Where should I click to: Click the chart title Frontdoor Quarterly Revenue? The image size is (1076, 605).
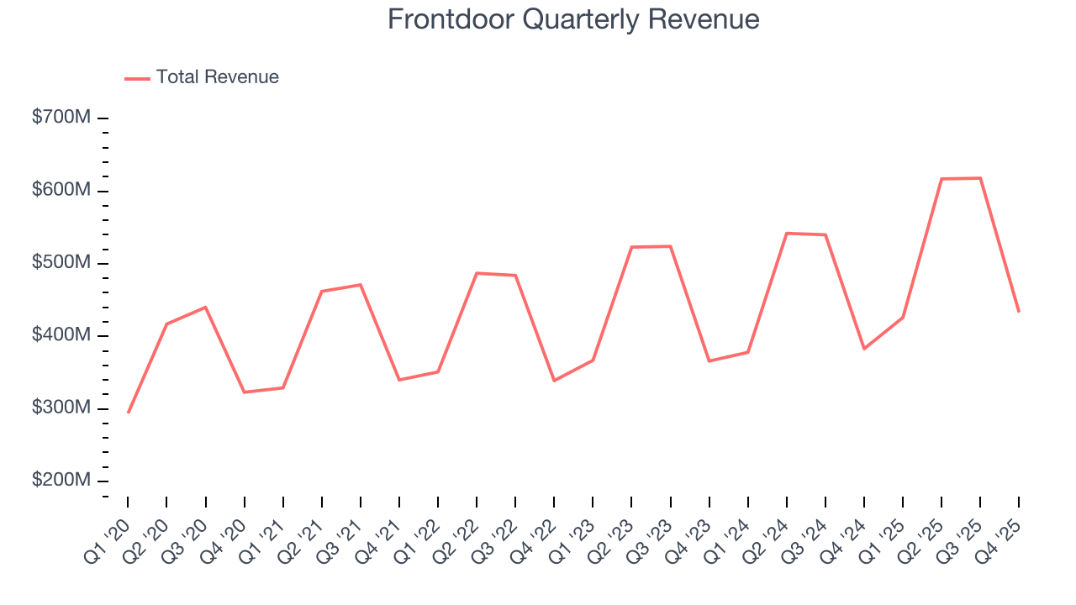click(573, 19)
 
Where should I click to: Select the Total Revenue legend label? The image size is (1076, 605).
click(217, 77)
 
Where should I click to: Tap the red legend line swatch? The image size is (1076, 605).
click(137, 78)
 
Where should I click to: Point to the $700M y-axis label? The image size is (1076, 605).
click(61, 118)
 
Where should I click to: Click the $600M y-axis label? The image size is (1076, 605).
click(61, 191)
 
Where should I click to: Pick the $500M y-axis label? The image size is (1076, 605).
click(61, 263)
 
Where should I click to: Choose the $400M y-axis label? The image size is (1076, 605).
click(61, 336)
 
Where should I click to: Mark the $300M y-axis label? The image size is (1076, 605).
click(61, 408)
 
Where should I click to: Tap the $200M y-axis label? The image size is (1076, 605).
click(61, 481)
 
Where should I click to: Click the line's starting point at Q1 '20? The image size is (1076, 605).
click(128, 413)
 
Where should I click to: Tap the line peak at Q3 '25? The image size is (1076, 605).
click(980, 178)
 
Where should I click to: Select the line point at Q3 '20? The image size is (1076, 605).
click(205, 308)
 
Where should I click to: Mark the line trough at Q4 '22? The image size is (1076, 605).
click(554, 381)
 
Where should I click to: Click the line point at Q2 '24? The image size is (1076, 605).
click(787, 233)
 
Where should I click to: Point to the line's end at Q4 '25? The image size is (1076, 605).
click(1019, 313)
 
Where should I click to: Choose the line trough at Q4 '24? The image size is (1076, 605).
click(864, 349)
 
